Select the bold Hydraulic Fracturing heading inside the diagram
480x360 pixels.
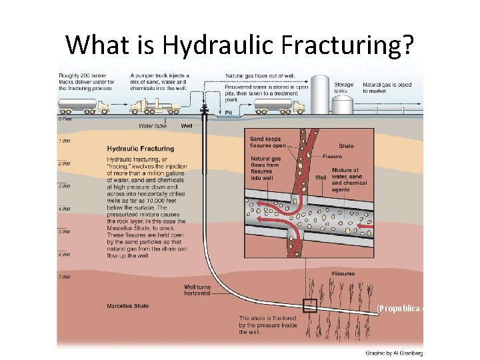tap(141, 149)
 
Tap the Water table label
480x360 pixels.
tap(153, 125)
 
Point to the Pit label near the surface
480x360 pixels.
tap(229, 112)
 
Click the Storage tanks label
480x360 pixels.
tap(344, 87)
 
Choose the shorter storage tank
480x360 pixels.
tap(342, 105)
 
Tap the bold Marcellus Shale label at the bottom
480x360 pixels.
tap(127, 306)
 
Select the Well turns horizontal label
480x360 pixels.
tap(197, 289)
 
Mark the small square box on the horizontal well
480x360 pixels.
tap(309, 306)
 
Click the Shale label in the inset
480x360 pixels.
tap(347, 146)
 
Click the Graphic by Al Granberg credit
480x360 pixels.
tap(393, 353)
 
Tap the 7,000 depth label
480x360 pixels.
tap(64, 276)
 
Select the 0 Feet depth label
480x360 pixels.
tap(65, 119)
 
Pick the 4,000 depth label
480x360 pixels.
tap(64, 209)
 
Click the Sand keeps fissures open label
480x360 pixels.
tap(267, 142)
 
